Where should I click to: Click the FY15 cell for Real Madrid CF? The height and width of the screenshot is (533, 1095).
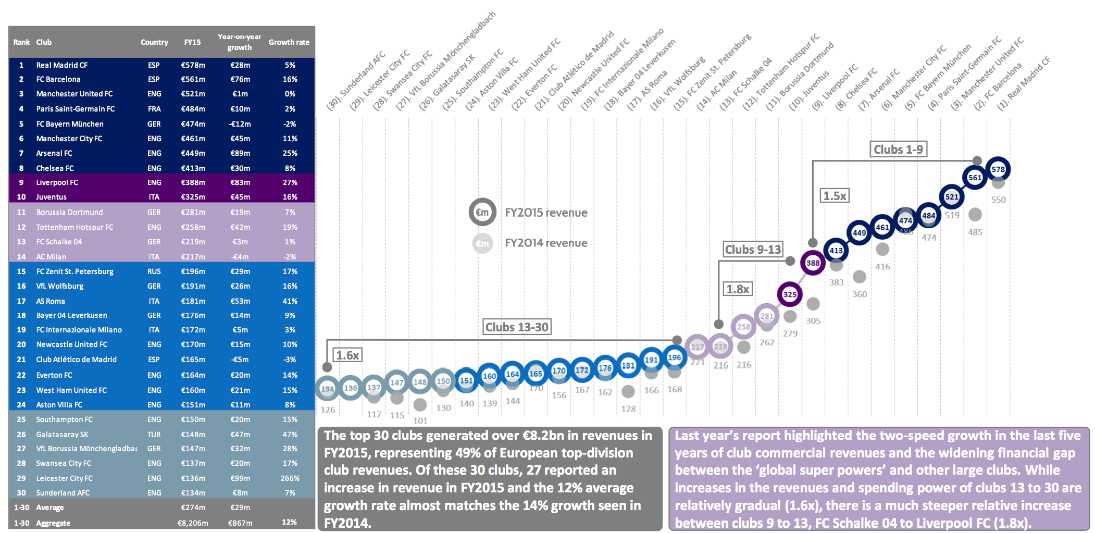coord(193,65)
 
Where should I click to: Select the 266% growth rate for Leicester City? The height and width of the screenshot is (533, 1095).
coord(290,478)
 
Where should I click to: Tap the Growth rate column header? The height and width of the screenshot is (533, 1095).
coord(289,42)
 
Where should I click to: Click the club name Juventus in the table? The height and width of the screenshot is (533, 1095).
coord(51,197)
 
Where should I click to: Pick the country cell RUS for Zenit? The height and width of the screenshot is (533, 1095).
coord(154,271)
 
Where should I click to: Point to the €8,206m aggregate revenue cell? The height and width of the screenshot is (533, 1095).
coord(192,523)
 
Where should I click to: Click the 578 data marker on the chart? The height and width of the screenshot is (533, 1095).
coord(998,169)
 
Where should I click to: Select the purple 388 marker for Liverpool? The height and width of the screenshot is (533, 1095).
coord(813,263)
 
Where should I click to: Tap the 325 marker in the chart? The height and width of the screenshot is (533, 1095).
coord(790,294)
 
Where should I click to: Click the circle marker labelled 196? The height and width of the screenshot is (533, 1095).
coord(674,357)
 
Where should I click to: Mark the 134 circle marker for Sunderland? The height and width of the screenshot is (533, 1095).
coord(327,389)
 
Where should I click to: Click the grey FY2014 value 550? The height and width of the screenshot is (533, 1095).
coord(998,200)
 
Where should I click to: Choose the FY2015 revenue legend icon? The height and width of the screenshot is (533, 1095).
coord(482,212)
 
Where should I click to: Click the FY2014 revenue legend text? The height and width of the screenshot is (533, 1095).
coord(546,243)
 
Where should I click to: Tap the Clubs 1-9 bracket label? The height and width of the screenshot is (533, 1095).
coord(898,150)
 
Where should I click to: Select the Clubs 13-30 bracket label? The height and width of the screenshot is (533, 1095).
coord(517,327)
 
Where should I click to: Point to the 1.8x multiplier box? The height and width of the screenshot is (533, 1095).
coord(738,289)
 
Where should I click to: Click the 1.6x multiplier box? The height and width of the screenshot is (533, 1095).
coord(347,355)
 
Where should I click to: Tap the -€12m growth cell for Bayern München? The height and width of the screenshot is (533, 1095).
coord(240,124)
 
